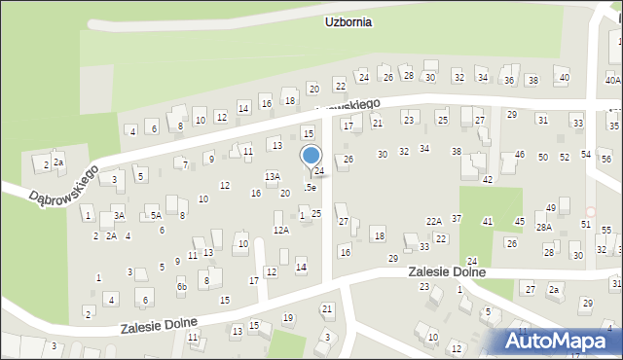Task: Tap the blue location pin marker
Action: tap(311, 157)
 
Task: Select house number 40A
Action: tap(612, 81)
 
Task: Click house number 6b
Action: tap(181, 287)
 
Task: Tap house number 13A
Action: tap(273, 177)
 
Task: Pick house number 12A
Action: tap(280, 230)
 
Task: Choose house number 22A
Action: tap(434, 221)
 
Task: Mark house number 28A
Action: tap(543, 227)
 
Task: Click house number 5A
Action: tap(155, 215)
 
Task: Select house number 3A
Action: tap(118, 215)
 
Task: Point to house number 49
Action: tap(551, 207)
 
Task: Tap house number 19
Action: tap(287, 318)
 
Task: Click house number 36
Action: tap(508, 80)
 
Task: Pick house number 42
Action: tap(488, 180)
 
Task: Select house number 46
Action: tap(520, 155)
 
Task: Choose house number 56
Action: tap(605, 159)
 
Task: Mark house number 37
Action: tap(457, 219)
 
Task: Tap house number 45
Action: tap(519, 221)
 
